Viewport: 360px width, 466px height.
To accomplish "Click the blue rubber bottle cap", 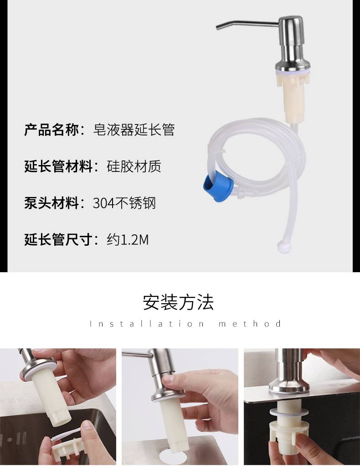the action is point(218,186).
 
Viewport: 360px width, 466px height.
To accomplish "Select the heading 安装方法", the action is point(178,303).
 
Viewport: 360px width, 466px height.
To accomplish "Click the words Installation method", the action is point(185,324).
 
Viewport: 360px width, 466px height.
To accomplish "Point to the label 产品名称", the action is point(51,129).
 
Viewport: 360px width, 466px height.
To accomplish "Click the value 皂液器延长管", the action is point(134,129).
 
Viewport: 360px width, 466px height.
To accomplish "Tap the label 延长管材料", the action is point(58,166).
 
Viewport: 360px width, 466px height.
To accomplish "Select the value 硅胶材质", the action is point(134,166).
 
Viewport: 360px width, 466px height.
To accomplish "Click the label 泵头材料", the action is point(51,203).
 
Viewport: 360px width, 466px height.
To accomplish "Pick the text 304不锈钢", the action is point(124,203).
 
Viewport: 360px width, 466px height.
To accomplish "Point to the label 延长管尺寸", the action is point(58,239).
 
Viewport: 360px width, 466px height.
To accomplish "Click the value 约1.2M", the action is point(128,239).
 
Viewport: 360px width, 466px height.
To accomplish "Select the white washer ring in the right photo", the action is point(288,412).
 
